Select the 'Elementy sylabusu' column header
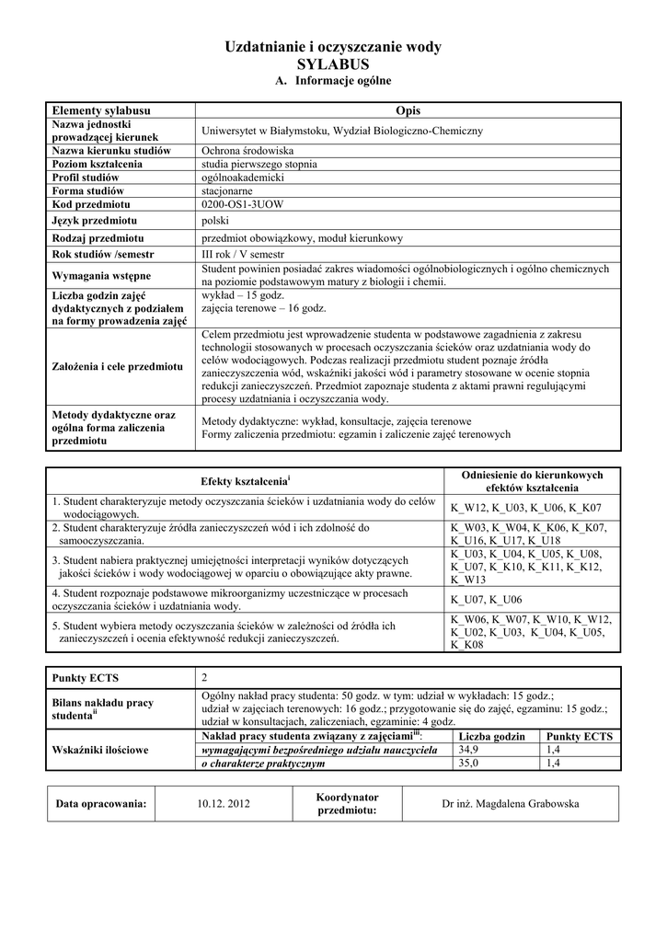pos(101,110)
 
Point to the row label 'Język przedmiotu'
pos(95,221)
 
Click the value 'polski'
pos(215,221)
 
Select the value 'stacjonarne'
pos(227,190)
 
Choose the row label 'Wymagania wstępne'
pos(102,275)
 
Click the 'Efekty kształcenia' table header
pos(244,482)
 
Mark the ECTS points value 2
pos(205,678)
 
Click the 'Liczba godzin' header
pos(491,737)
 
